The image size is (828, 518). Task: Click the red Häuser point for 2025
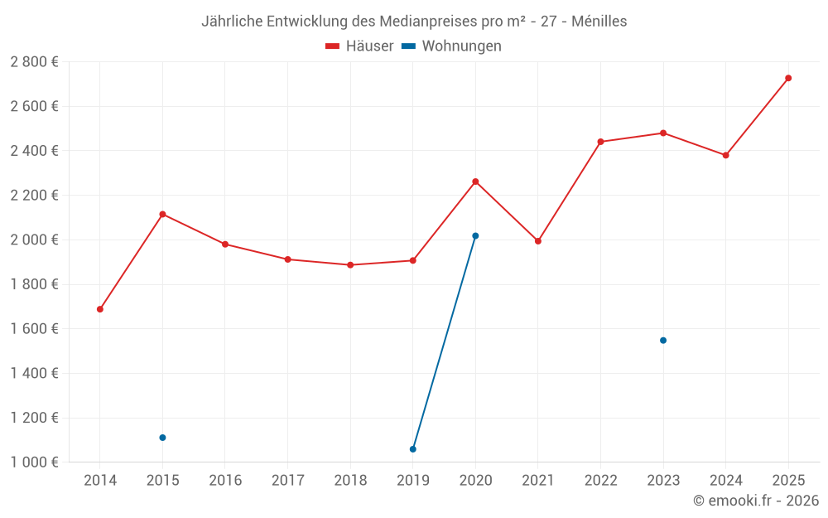tap(788, 78)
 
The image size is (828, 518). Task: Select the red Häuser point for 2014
tap(100, 309)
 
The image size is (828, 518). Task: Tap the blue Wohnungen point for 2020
tap(475, 236)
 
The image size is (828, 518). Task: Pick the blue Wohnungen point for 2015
tap(162, 438)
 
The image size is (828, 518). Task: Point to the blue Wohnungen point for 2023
tap(663, 341)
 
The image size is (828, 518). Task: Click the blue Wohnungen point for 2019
tap(413, 449)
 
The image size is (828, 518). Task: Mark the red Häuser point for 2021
tap(538, 241)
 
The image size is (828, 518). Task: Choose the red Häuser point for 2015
tap(162, 215)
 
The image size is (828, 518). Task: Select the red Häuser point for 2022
tap(600, 142)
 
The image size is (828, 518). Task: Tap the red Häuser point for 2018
tap(350, 265)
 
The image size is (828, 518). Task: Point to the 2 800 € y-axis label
tap(34, 62)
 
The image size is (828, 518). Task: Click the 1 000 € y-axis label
tap(34, 462)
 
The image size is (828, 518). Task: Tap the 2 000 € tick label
tap(34, 240)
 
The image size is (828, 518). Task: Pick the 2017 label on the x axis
tap(287, 481)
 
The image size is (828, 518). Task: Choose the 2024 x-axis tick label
tap(726, 481)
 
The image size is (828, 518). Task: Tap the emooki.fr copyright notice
tap(756, 501)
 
